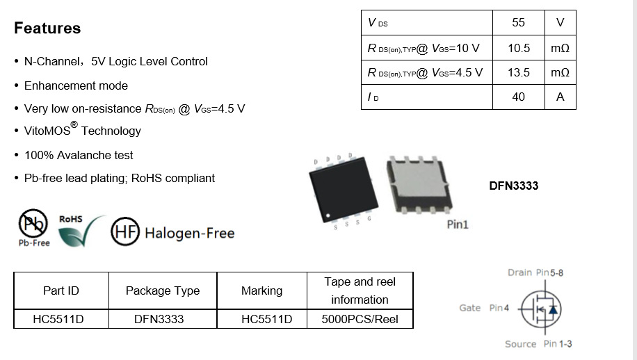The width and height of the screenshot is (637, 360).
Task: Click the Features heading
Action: (x=47, y=28)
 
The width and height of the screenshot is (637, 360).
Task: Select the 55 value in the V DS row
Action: (x=518, y=22)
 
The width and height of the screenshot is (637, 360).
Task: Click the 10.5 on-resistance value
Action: (x=518, y=48)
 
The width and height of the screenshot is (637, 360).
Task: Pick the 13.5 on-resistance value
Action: (x=518, y=72)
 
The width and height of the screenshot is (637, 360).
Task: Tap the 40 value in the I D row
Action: (x=518, y=97)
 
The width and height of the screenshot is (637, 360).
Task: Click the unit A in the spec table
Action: (x=560, y=97)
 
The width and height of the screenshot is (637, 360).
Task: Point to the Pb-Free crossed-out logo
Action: (x=33, y=227)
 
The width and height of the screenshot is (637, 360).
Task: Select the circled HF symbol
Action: (x=125, y=233)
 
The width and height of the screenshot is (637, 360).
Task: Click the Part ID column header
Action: (x=61, y=291)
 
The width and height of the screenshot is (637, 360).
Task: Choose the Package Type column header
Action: (x=163, y=291)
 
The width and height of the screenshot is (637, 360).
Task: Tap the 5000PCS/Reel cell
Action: (x=360, y=320)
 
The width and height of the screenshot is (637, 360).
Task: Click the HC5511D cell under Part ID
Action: (x=61, y=320)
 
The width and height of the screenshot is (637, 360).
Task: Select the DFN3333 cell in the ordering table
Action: (x=163, y=320)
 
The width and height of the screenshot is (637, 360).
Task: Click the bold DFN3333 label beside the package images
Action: (x=514, y=186)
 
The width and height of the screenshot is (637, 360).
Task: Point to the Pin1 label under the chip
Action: (x=457, y=224)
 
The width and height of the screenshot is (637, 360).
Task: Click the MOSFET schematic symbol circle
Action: (x=542, y=309)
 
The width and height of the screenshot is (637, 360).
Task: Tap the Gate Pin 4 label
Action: (x=485, y=308)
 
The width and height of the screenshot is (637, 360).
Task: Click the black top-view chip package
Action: (x=341, y=191)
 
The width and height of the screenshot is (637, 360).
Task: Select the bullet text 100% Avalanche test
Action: (x=79, y=155)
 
